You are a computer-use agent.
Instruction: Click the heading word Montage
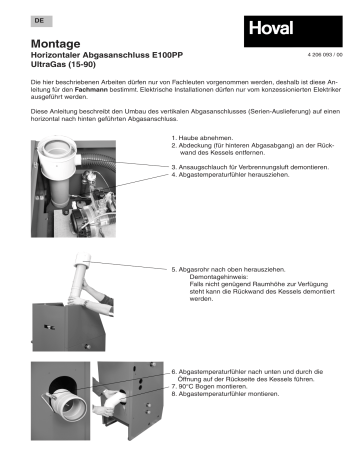(x=58, y=46)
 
